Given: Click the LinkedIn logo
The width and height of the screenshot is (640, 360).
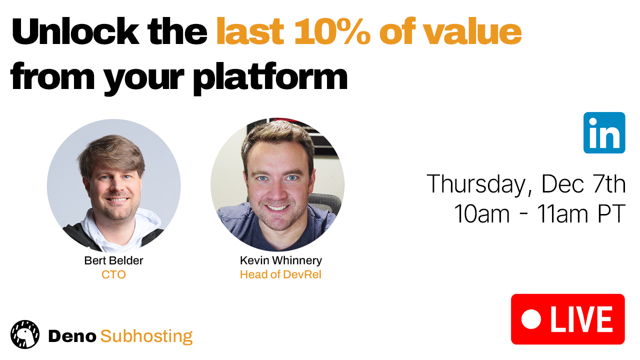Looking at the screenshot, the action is (x=604, y=133).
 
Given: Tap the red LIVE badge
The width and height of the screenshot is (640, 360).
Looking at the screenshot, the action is (x=568, y=319).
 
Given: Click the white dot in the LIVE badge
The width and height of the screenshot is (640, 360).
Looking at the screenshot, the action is (x=531, y=319).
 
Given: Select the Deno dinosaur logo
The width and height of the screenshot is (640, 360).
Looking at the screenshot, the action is (x=25, y=334).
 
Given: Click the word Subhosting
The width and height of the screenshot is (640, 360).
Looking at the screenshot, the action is (x=146, y=336).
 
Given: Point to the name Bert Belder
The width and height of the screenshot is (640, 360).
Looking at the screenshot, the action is (x=113, y=260).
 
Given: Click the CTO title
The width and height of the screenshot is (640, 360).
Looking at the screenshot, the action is (x=113, y=274).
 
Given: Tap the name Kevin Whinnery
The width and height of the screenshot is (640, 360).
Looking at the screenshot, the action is (x=281, y=260).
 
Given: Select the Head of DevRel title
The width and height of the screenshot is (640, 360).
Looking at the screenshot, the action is (x=281, y=274).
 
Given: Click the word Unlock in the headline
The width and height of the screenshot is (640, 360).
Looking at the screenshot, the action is (x=75, y=31).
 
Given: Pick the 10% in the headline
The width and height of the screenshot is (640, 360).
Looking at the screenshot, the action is (x=332, y=31).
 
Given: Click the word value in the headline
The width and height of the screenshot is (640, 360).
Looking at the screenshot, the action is (x=472, y=31).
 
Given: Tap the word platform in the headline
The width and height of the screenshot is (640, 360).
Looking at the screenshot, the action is (x=270, y=77).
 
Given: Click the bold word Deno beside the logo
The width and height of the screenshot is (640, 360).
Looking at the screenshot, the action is (x=72, y=336).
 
